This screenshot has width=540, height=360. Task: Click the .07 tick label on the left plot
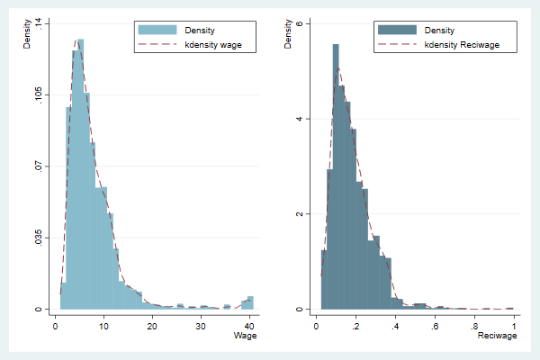pos(39,166)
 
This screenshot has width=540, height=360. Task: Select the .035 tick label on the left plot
pos(39,238)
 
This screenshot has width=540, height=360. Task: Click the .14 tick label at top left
pos(39,22)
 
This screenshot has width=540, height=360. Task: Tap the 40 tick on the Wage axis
pos(249,324)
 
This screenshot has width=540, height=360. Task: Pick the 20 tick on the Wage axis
pos(152,324)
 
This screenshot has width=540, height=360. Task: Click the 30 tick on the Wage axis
pos(201,324)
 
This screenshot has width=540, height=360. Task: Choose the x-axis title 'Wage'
pos(246,336)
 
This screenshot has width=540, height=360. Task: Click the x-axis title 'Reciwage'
pos(498,336)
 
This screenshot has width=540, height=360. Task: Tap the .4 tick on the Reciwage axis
pos(395,324)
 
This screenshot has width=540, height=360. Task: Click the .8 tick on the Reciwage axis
pos(474,324)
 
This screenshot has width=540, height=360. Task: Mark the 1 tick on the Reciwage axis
pos(513,324)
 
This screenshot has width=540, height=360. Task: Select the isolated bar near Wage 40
pos(251,303)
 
